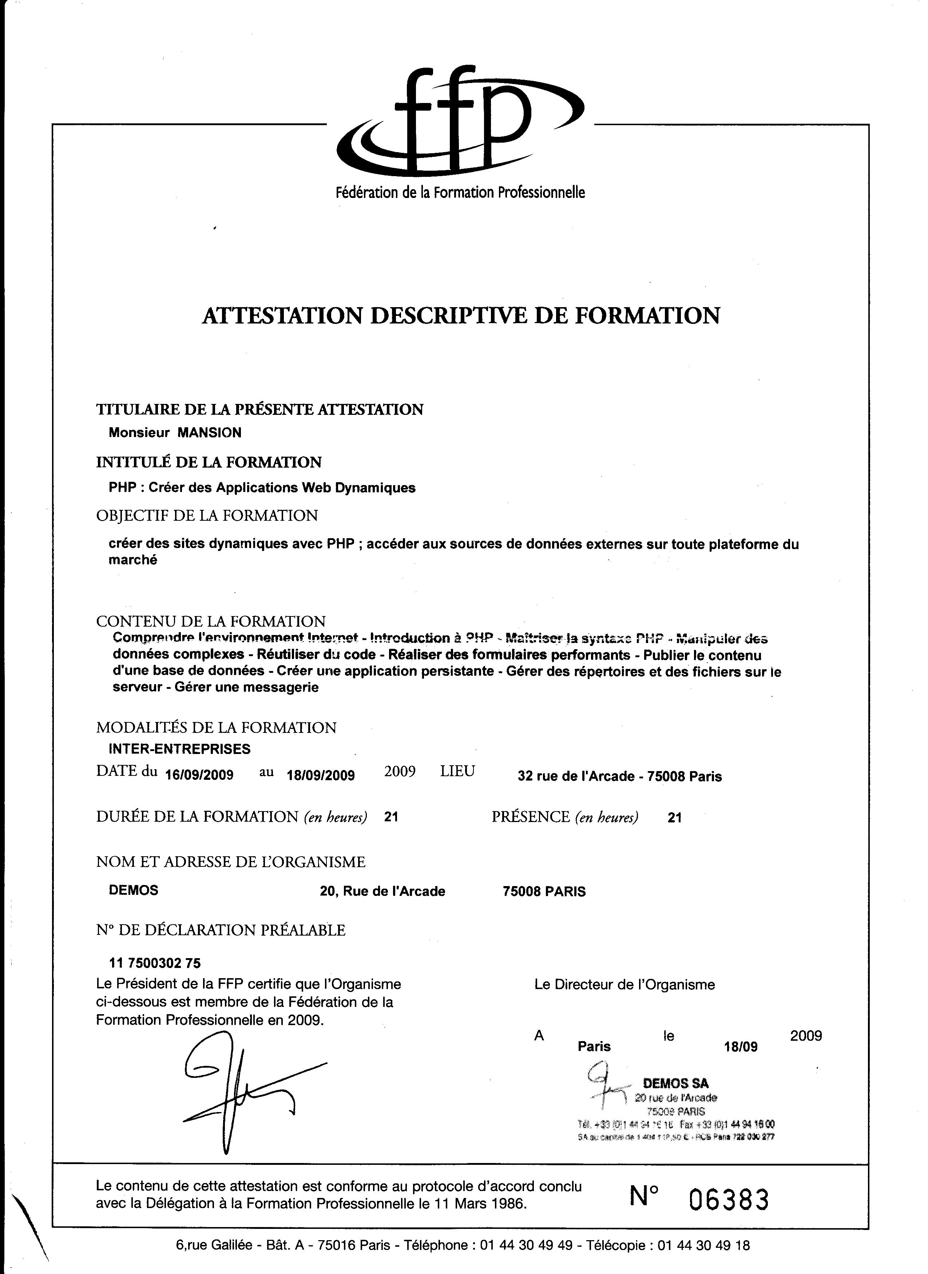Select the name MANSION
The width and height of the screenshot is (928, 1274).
click(210, 433)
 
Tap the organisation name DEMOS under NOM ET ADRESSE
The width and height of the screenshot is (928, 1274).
click(134, 890)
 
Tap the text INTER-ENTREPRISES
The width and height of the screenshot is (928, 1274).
click(180, 749)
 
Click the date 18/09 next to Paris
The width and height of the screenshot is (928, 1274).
click(741, 1047)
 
